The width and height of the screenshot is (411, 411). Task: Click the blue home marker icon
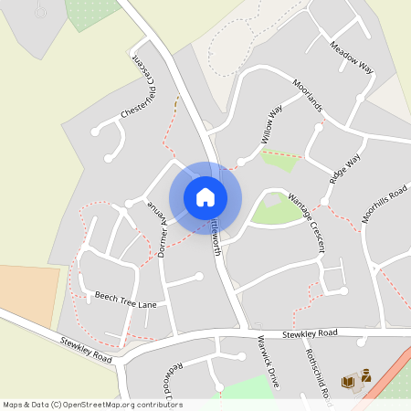pos(205,197)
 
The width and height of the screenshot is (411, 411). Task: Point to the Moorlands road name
pos(309,95)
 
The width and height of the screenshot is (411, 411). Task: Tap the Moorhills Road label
pos(384,204)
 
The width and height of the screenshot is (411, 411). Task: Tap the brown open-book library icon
pos(347,381)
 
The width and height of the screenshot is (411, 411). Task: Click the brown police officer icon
pos(365,374)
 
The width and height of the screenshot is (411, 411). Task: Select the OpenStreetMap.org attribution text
pos(91,405)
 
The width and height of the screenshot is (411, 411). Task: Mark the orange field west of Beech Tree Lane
pos(27,288)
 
